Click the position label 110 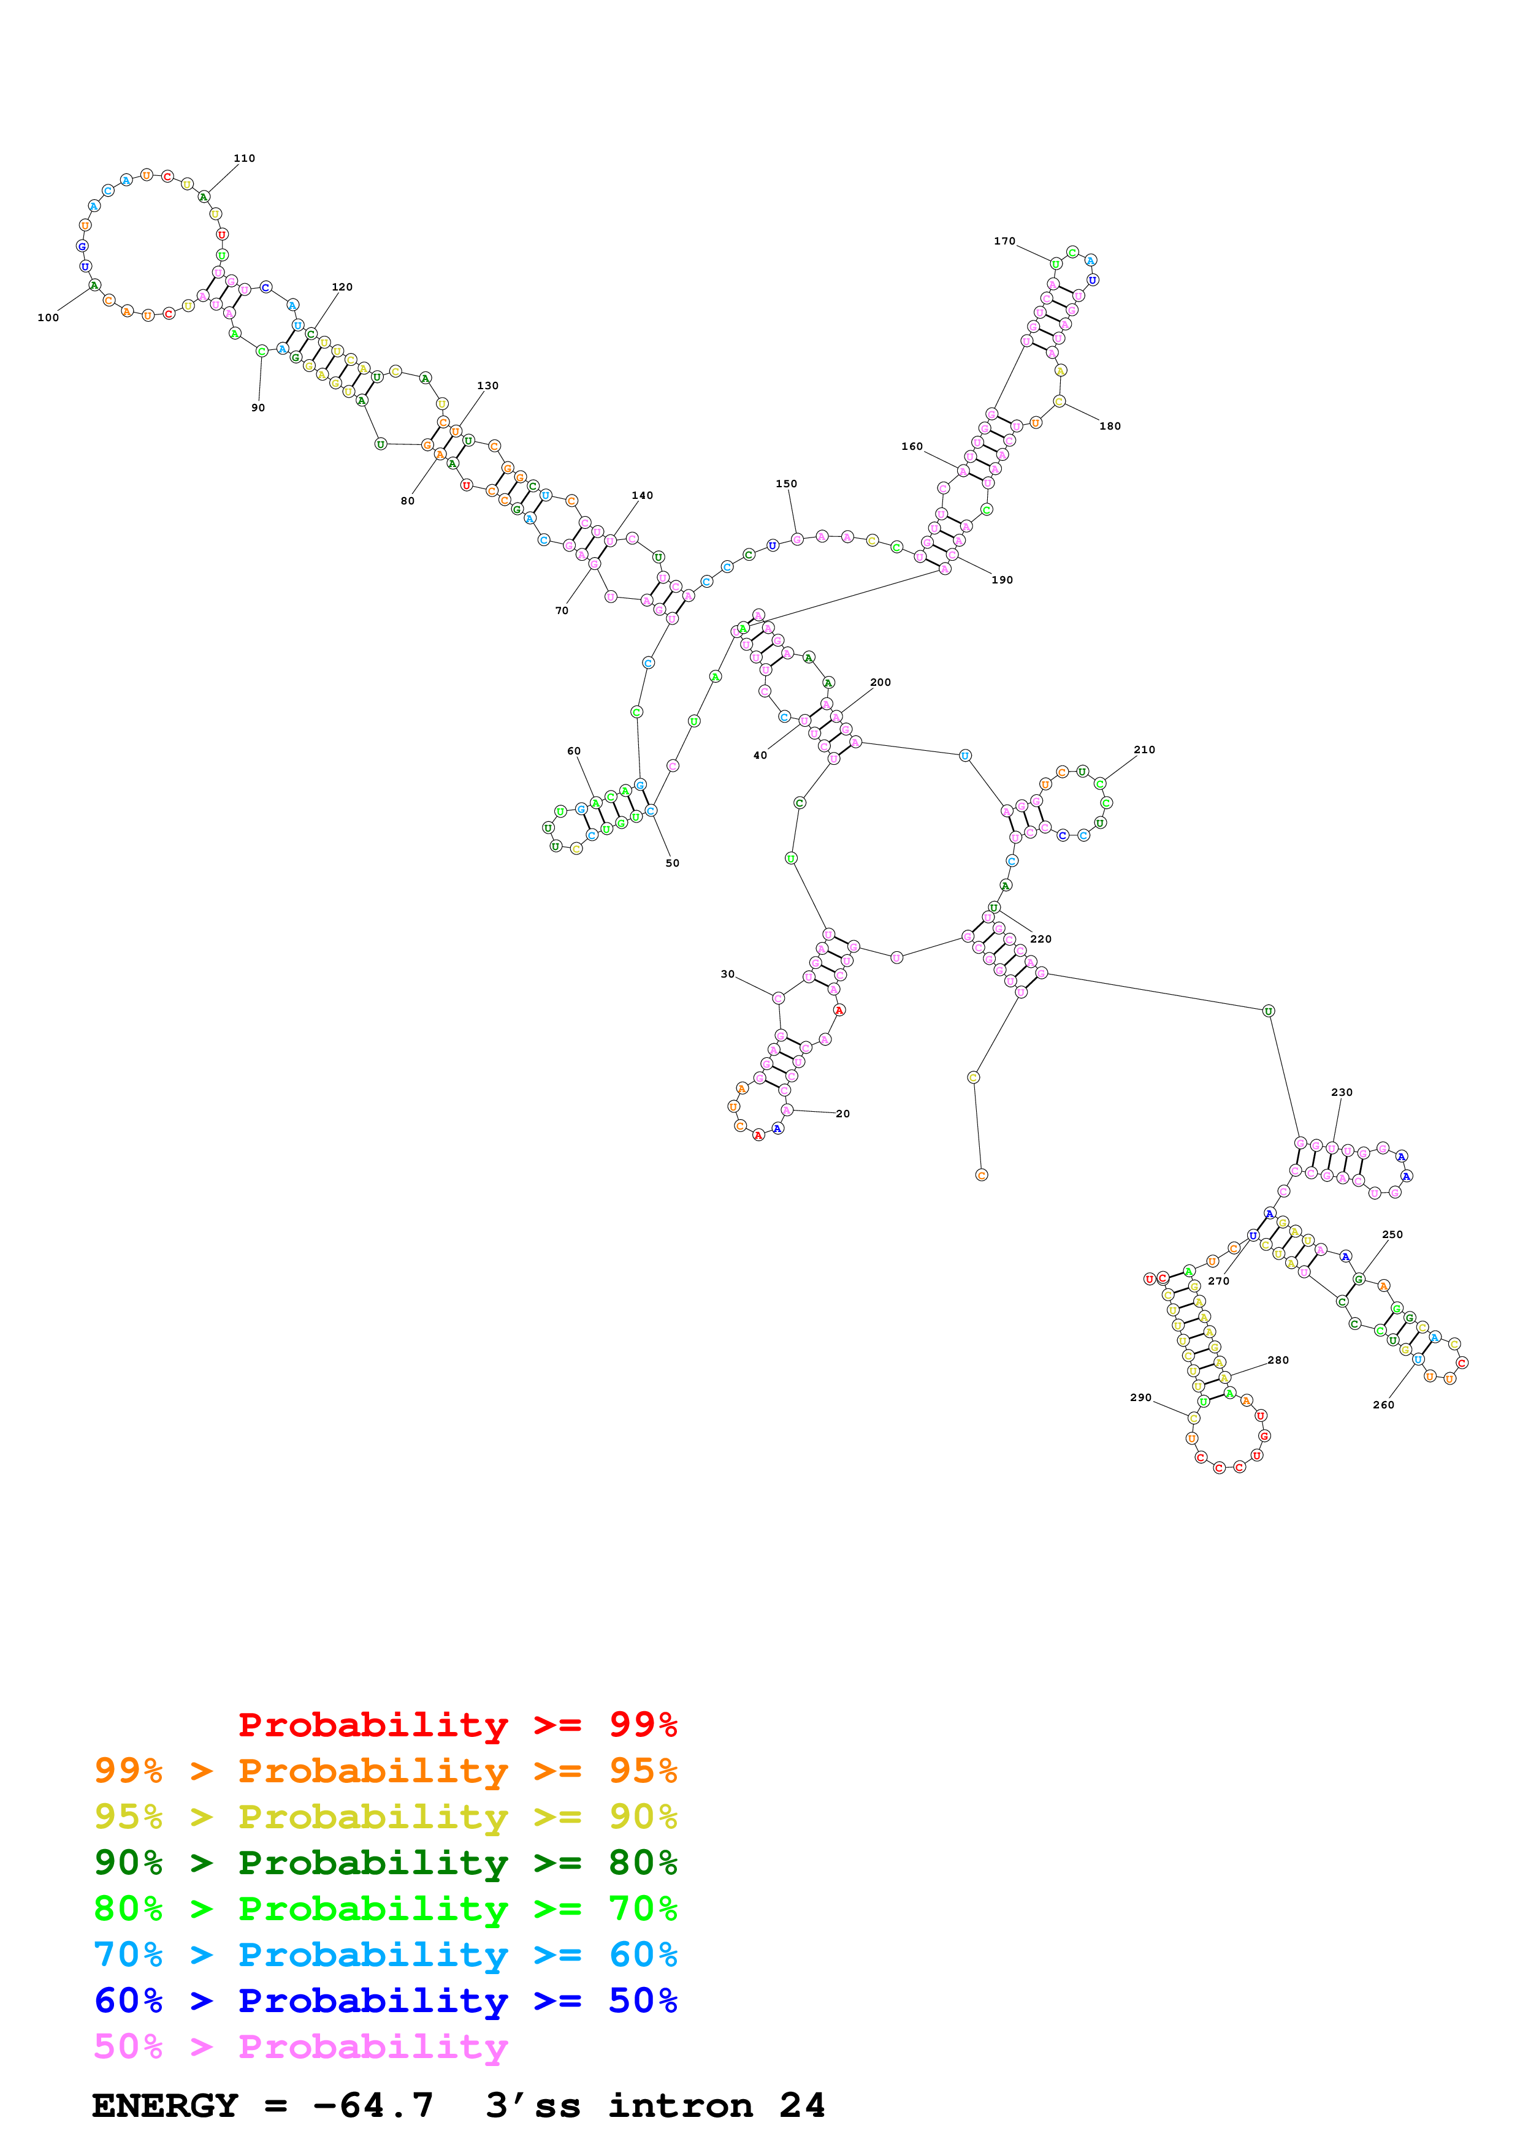click(245, 158)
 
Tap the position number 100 click(48, 317)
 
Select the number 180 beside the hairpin click(1110, 426)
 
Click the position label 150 click(786, 484)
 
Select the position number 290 click(1140, 1397)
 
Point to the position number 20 click(843, 1114)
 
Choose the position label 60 click(573, 751)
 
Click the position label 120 click(342, 287)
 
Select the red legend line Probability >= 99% click(457, 1725)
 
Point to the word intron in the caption click(680, 2105)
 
